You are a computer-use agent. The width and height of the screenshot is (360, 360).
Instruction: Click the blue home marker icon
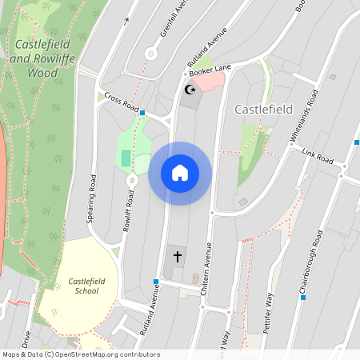coord(180,173)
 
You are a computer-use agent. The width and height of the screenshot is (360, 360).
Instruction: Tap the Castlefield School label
coord(82,286)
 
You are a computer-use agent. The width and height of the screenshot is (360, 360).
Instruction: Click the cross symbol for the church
coord(177,258)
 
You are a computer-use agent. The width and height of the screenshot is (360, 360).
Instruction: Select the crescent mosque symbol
coord(190,90)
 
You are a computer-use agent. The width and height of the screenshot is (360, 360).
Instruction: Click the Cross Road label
coord(121,102)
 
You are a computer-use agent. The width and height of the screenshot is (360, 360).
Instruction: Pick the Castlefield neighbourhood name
coord(263,108)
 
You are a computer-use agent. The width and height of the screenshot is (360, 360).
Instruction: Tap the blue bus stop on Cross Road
coord(142,113)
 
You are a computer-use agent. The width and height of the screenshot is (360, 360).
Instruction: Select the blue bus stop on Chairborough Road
coord(302,298)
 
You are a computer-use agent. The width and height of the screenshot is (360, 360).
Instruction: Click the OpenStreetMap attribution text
coord(80,354)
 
